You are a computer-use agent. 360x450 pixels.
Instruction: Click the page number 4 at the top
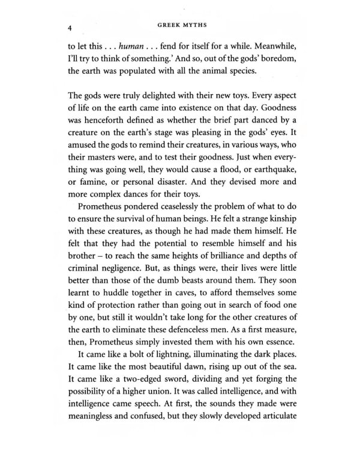point(70,28)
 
